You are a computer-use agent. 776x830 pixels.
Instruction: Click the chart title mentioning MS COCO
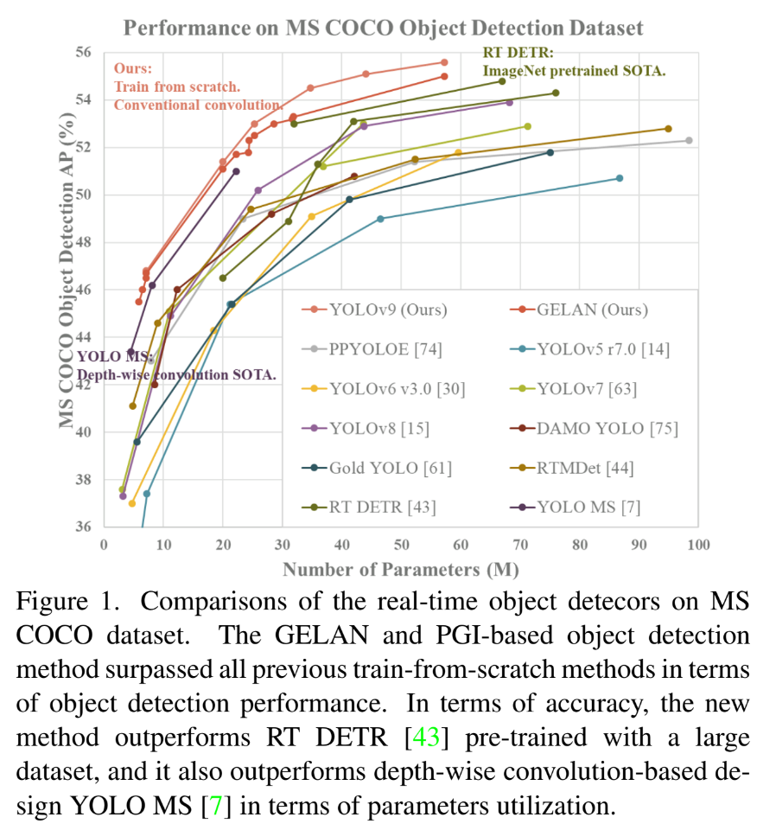coord(383,28)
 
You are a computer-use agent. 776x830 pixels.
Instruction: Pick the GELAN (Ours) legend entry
coord(592,310)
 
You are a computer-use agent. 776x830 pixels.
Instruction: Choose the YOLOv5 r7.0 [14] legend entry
coord(603,349)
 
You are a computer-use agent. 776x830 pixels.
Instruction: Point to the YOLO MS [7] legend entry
coord(588,508)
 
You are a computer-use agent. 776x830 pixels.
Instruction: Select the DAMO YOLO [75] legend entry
coord(607,428)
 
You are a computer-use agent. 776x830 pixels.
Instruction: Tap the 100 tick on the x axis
coord(697,545)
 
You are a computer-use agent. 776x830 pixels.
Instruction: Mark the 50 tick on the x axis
coord(401,545)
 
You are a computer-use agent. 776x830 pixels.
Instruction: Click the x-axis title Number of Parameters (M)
coord(400,569)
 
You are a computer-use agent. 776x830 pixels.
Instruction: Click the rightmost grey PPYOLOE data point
coord(689,140)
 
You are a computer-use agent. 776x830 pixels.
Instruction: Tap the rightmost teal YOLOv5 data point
coord(620,178)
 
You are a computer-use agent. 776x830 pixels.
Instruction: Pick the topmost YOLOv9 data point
coord(444,62)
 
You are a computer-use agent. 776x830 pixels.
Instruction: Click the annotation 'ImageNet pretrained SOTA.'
coord(574,71)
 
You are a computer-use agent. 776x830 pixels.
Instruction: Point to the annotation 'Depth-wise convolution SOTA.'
coord(177,374)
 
